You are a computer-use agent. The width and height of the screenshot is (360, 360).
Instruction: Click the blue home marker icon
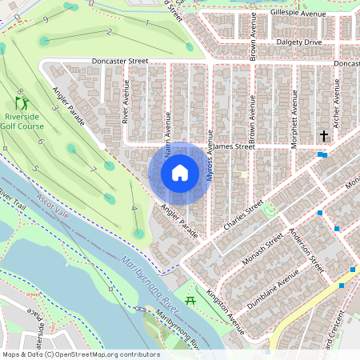tap(179, 173)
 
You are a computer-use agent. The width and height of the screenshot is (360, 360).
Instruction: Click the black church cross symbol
tap(324, 136)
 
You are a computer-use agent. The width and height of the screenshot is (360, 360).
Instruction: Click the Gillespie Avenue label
tap(298, 14)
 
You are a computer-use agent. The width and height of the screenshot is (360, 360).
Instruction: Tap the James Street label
tap(234, 146)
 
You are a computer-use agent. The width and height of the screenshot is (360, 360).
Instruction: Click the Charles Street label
tap(243, 218)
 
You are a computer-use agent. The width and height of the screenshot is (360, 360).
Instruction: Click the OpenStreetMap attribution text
tap(80, 354)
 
